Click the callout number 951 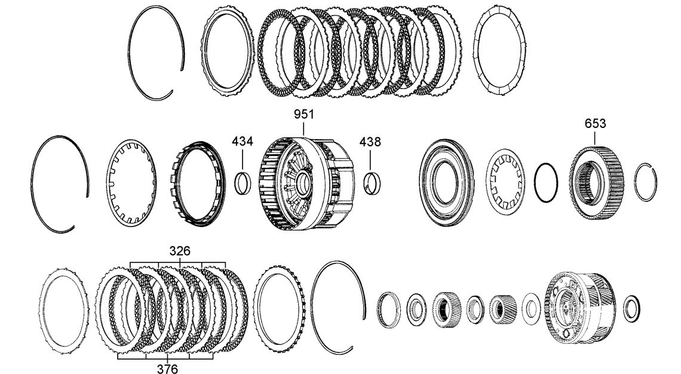pos(303,114)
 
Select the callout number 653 pos(595,124)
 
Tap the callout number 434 pos(243,142)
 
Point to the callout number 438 pos(370,142)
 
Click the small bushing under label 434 pos(243,183)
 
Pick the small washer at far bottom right pos(631,308)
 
